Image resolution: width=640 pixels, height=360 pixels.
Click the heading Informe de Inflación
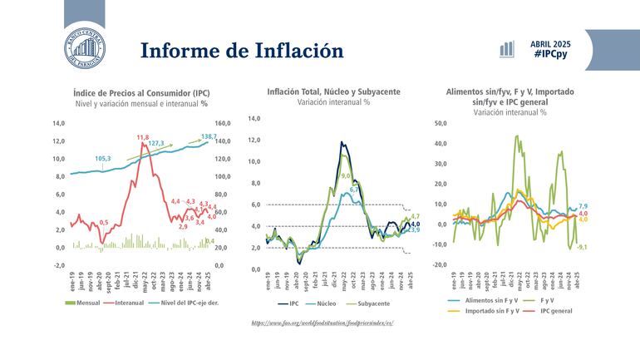[242, 50]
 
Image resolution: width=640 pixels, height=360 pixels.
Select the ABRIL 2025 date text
[550, 42]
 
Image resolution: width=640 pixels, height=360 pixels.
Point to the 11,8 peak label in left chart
[143, 137]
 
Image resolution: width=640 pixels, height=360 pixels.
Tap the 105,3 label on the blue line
[104, 159]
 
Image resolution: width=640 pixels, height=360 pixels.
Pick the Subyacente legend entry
[375, 303]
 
